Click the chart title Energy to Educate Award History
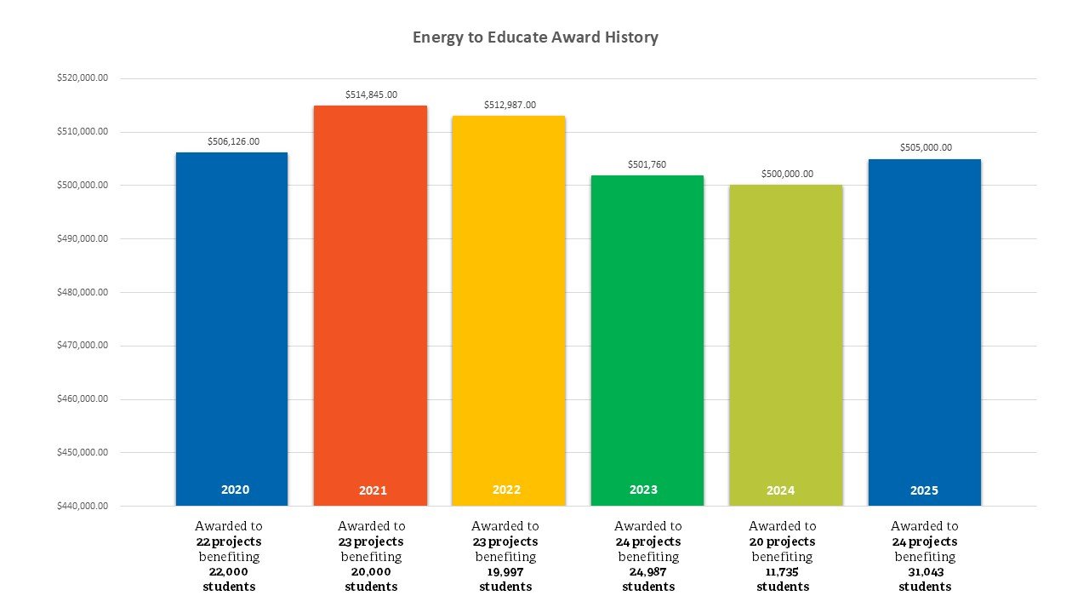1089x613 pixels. tap(535, 37)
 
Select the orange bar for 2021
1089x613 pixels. tap(370, 298)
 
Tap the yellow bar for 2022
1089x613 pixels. tap(508, 306)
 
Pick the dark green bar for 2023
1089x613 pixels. tap(647, 332)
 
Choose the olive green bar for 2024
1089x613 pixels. tap(786, 341)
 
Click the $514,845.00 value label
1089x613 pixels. tap(371, 95)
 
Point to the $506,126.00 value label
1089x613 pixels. tap(233, 141)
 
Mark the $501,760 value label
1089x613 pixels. tap(647, 164)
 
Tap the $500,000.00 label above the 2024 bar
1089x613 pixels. tap(787, 174)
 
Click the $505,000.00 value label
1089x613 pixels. tap(926, 147)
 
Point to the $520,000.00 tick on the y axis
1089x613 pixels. tap(83, 78)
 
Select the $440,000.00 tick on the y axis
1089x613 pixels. tap(83, 506)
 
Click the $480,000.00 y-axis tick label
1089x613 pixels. tap(83, 292)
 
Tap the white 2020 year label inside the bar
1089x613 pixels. tap(235, 490)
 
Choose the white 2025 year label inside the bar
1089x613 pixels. tap(924, 490)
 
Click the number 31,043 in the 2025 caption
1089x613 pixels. tap(925, 572)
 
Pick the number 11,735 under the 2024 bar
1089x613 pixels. tap(782, 572)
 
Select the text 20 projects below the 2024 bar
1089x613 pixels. tap(782, 541)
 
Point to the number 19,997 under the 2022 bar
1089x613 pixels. tap(505, 572)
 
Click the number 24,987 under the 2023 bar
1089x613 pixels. tap(648, 572)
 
